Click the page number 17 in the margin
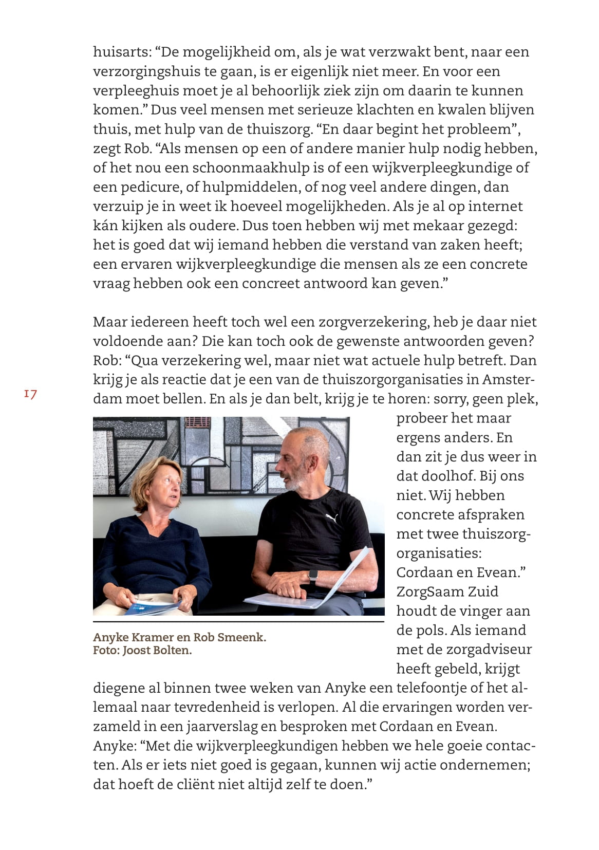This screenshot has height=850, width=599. [x=30, y=394]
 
